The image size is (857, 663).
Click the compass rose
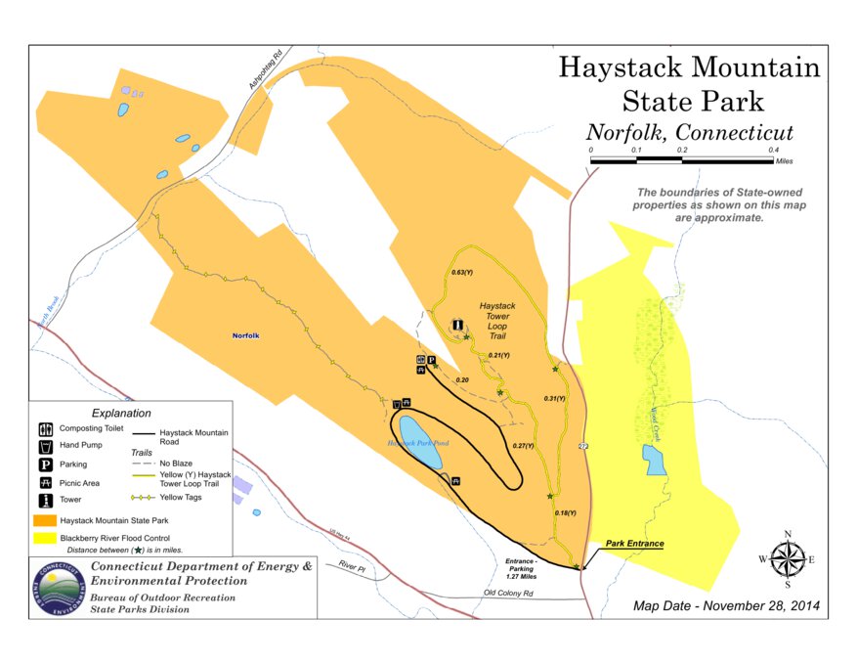(787, 558)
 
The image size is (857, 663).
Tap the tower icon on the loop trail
(456, 325)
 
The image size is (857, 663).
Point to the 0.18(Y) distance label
(566, 512)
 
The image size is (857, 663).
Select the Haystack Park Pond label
(418, 443)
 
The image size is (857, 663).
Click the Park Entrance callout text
(634, 544)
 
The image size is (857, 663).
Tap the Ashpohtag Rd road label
(264, 72)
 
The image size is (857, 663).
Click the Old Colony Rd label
(509, 594)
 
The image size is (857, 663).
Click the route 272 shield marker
(582, 446)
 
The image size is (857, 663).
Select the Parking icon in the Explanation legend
(45, 464)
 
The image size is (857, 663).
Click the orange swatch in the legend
(45, 519)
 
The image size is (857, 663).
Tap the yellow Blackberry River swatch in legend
(45, 537)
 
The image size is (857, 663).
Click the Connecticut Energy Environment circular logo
(58, 588)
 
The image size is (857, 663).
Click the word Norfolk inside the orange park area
(245, 335)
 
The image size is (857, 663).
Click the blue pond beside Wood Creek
(654, 459)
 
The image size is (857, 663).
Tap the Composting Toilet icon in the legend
(45, 428)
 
